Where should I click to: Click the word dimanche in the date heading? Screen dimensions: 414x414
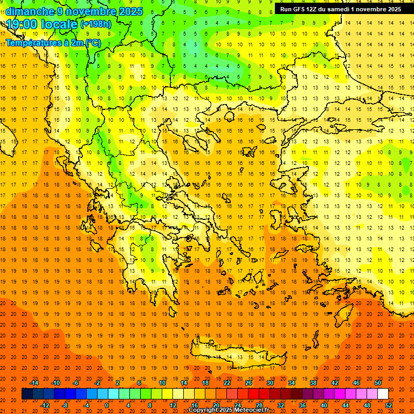point(30,11)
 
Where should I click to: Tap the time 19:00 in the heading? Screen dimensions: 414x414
point(22,24)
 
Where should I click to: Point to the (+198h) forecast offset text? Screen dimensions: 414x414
point(96,24)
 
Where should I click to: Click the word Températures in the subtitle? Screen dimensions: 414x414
point(32,43)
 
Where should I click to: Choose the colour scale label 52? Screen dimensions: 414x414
point(389,405)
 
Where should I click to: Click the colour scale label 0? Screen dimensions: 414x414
point(107,405)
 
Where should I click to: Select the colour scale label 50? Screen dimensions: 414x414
point(377,382)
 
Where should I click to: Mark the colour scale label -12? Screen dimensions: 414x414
point(45,405)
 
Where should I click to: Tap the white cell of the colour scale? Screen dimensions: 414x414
point(383,394)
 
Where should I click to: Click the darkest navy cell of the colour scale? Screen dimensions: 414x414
point(27,394)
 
